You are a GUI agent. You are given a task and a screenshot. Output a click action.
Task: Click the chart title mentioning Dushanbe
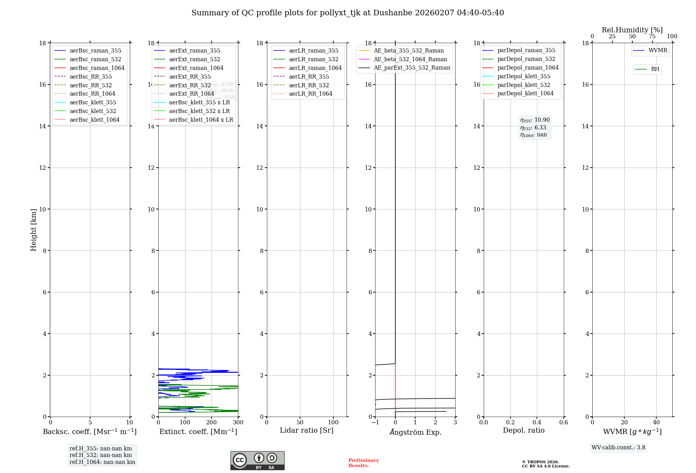point(348,13)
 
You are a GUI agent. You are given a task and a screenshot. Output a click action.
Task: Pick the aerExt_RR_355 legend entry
point(190,77)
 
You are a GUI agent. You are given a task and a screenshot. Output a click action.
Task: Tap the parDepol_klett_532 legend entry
point(524,85)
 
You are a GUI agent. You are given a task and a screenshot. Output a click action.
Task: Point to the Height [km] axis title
point(33,230)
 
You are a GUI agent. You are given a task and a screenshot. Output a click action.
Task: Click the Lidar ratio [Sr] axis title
point(307,430)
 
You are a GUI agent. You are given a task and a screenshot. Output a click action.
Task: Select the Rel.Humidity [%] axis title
point(632,30)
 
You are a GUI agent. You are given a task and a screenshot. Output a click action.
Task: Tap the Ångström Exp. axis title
point(415,432)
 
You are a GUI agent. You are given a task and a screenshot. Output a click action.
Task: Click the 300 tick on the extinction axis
point(238,423)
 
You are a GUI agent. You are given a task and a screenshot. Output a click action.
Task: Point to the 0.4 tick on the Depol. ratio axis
point(537,423)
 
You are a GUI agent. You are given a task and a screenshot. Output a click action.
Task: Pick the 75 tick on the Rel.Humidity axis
point(652,37)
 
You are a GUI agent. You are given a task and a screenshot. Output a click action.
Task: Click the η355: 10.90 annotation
point(535,120)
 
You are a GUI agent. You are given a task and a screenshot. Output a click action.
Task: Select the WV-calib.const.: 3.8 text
point(618,448)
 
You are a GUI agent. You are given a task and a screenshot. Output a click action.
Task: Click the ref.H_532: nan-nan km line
point(101,455)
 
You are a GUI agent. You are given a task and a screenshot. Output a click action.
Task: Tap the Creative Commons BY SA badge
point(257,460)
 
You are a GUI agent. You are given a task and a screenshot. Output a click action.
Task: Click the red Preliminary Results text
point(363,463)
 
